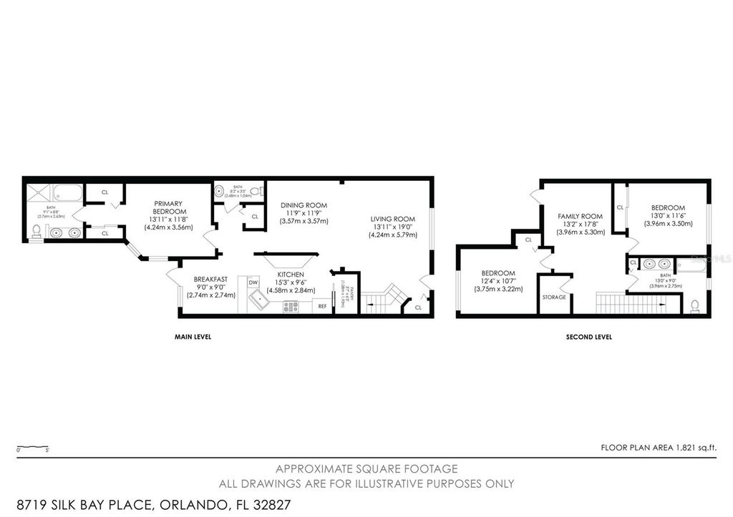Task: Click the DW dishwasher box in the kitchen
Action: (253, 283)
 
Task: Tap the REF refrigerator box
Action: (322, 306)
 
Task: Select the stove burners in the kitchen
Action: (291, 306)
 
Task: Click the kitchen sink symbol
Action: (258, 305)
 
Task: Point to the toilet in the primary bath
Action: (36, 230)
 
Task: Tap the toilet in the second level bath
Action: (694, 306)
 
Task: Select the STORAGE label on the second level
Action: (554, 297)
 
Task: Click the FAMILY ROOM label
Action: (581, 216)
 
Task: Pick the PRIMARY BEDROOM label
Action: (169, 207)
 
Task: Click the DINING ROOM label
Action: (304, 205)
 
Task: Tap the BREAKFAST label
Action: (210, 280)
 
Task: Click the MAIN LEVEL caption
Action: (193, 336)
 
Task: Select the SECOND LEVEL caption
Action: (589, 336)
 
